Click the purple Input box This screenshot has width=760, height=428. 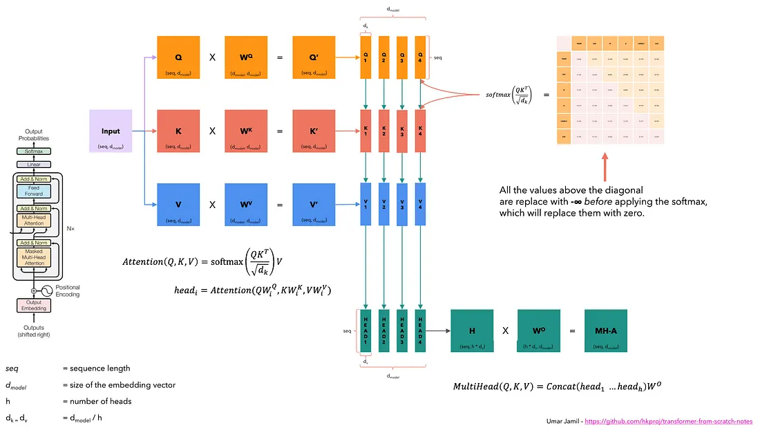coord(111,131)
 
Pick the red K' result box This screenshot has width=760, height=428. coord(314,131)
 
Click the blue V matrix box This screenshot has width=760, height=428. coord(178,204)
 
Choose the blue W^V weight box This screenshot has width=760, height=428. coord(245,204)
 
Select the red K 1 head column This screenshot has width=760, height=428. coord(366,130)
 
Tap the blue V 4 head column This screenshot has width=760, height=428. coord(420,203)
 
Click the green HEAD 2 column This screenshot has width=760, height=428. coord(384,330)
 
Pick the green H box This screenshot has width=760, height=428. coord(472,331)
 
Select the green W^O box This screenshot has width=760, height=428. coord(539,331)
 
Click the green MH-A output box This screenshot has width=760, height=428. coord(606,331)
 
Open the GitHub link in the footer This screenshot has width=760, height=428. coord(669,420)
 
